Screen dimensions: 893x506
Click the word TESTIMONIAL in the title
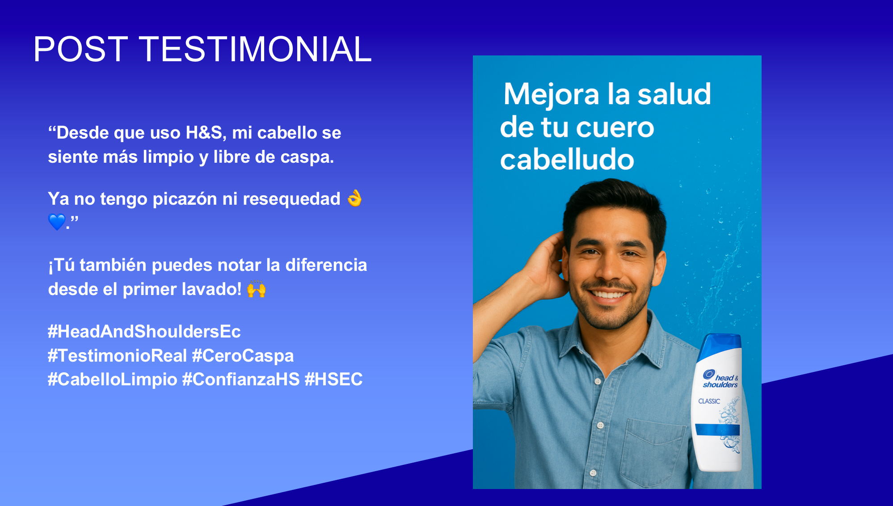click(255, 49)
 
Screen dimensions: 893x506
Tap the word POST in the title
click(81, 49)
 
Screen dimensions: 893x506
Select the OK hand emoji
click(354, 198)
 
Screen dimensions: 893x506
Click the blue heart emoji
click(57, 222)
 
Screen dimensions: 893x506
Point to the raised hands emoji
click(257, 289)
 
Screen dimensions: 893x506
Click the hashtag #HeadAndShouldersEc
click(144, 332)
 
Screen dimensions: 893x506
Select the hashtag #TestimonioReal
click(118, 356)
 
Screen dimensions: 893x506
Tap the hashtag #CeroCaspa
click(243, 356)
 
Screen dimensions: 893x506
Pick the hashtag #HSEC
click(333, 379)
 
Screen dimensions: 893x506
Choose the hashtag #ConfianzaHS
click(241, 379)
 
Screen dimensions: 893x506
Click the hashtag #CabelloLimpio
click(113, 379)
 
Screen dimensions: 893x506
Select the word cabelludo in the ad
click(567, 160)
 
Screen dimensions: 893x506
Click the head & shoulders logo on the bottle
click(720, 379)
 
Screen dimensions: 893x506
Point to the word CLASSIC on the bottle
click(709, 401)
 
